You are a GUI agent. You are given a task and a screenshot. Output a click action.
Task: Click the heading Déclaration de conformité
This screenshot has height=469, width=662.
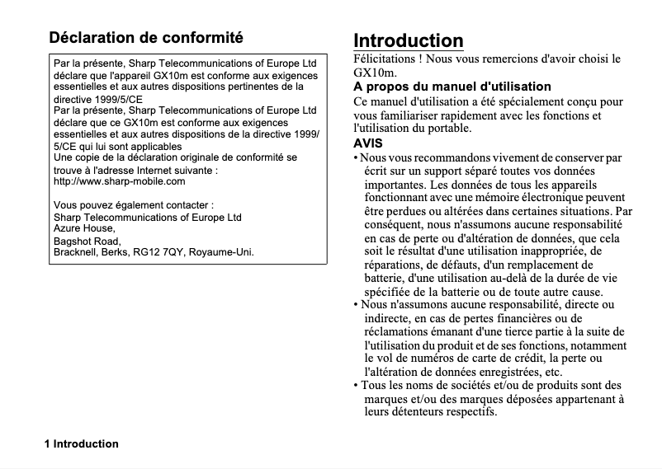point(146,38)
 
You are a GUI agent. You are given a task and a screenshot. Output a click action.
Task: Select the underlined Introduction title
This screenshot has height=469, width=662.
point(409,40)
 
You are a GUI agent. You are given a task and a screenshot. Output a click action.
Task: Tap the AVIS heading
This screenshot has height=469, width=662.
point(368,143)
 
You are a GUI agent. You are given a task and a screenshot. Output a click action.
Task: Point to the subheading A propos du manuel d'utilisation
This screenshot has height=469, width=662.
point(452,87)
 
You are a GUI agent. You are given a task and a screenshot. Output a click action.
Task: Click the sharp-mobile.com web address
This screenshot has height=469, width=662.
point(119,181)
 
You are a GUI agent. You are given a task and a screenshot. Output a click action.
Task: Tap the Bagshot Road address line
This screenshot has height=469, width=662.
point(87,241)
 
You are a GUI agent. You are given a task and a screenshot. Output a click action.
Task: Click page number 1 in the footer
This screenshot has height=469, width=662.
point(48,444)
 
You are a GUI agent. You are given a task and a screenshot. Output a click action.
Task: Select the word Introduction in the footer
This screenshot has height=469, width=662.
point(86,444)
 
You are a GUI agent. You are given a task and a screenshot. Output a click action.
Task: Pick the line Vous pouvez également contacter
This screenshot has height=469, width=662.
point(134,204)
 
